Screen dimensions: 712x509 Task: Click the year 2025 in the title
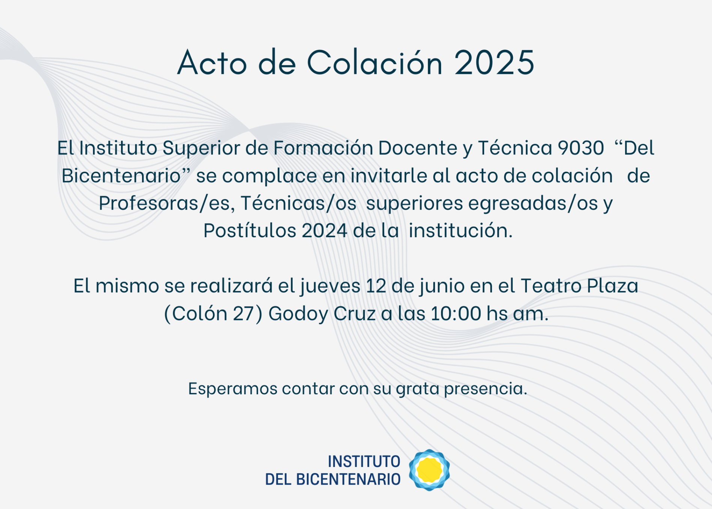pos(494,63)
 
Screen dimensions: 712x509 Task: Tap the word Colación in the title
pos(375,61)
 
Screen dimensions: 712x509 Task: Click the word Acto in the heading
pos(212,63)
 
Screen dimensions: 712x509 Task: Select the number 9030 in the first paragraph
pos(581,148)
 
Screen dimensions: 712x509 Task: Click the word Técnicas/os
pos(299,203)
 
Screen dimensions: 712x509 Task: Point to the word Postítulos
pos(250,230)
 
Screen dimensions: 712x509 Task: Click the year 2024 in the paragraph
pos(325,231)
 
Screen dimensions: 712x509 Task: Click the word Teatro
pos(551,286)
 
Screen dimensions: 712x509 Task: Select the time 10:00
pos(456,313)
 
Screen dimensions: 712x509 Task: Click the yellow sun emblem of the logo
pos(429,470)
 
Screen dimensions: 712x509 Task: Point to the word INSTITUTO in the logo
pos(364,461)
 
